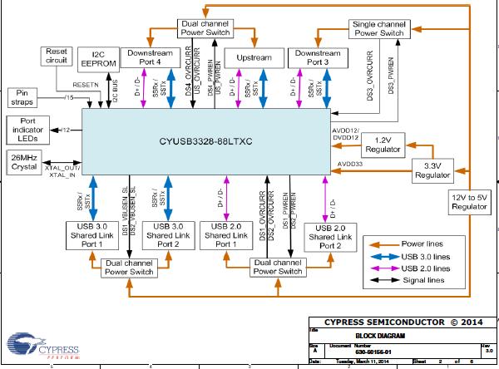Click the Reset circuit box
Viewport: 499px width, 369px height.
(57, 57)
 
